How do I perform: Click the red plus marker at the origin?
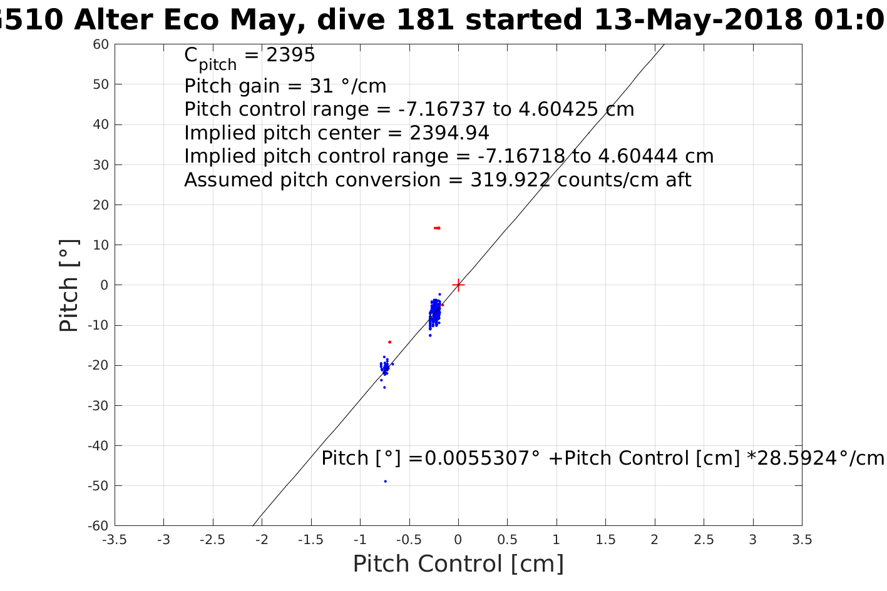[458, 285]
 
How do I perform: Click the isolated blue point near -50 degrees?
[385, 481]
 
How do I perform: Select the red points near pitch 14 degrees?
[437, 228]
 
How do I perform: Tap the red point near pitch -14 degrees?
[389, 341]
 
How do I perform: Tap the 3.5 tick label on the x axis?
[802, 539]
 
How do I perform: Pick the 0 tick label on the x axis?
[458, 539]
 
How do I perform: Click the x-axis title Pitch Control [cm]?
[458, 564]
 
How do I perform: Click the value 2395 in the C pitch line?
[290, 55]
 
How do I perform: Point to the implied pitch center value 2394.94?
[449, 133]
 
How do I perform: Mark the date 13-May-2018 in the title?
[699, 21]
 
